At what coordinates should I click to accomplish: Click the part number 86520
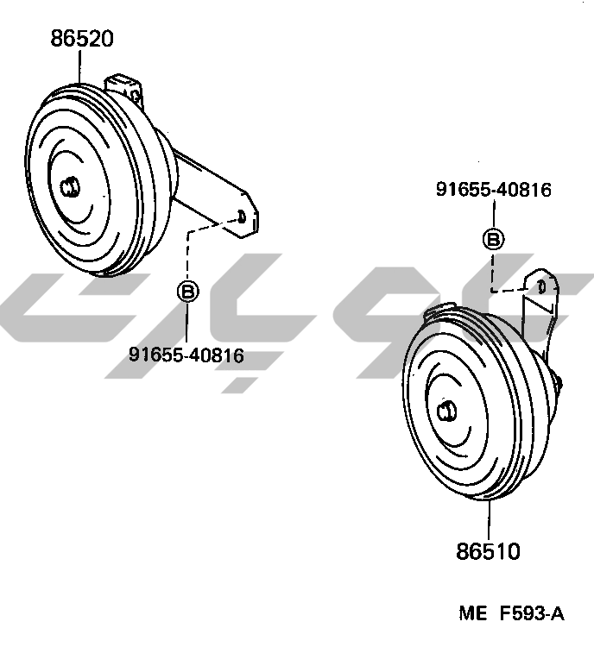point(82,38)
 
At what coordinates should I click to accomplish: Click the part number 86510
point(488,551)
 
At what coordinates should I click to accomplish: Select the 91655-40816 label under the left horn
point(186,355)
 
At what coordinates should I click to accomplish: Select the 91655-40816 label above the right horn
point(494,190)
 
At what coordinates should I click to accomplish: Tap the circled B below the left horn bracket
point(188,292)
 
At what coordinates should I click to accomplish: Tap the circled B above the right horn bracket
point(493,239)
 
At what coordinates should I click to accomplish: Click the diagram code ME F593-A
point(511,613)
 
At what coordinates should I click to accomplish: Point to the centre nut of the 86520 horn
point(70,187)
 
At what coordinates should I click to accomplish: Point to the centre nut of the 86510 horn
point(446,411)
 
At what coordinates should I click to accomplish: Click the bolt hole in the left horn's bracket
point(241,217)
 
